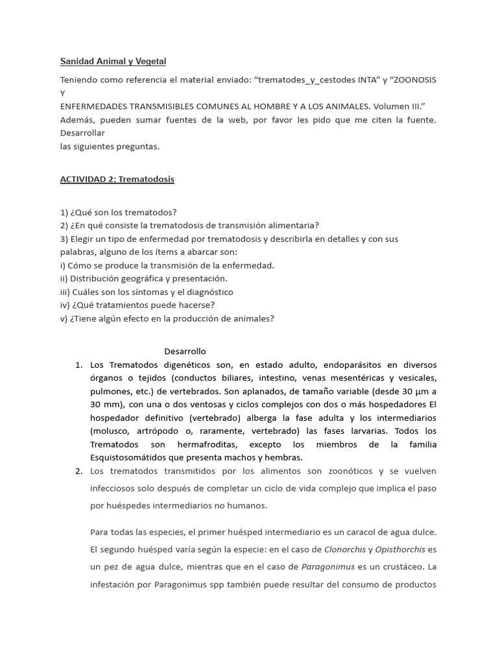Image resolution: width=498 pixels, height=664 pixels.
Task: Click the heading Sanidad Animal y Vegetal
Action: pos(113,61)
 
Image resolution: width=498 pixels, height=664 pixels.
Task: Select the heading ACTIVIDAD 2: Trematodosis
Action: pos(117,179)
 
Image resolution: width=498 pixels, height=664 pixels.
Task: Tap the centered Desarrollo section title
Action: pos(185,351)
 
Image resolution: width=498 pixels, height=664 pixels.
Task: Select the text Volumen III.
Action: pos(400,106)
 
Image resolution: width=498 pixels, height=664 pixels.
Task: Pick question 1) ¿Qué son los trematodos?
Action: pos(118,212)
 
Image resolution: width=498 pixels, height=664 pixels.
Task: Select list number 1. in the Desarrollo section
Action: pos(79,364)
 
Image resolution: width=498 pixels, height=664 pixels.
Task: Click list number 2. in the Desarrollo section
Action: pos(79,471)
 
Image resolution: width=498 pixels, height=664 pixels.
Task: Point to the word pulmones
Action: pos(110,391)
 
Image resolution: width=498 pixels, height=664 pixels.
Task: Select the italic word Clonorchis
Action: pos(341,550)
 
